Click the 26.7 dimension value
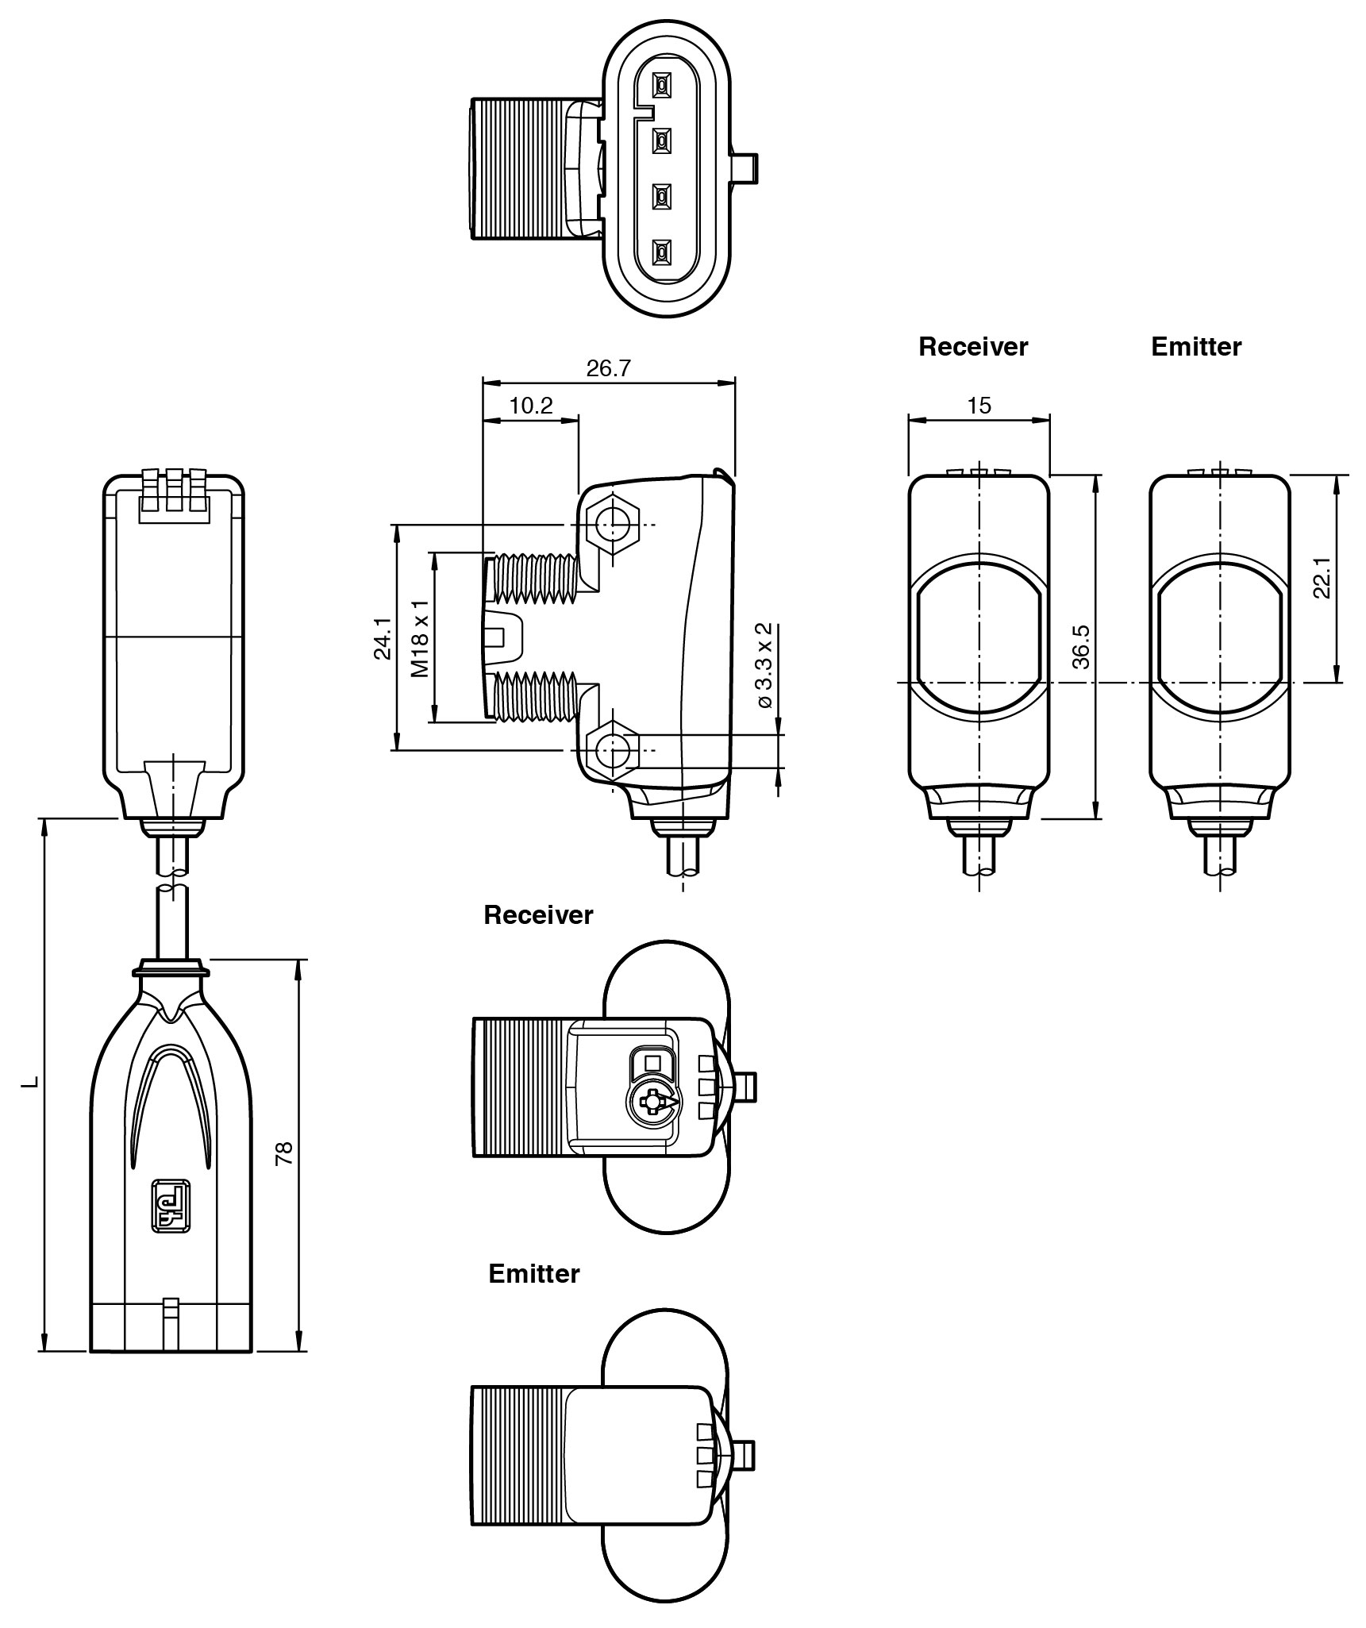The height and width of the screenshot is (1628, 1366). tap(608, 368)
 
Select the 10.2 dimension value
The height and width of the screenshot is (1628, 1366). tap(530, 406)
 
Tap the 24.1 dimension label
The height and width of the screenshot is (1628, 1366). tap(383, 637)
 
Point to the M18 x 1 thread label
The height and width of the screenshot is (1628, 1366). tap(421, 637)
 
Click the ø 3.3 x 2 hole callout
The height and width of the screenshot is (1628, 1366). tap(764, 665)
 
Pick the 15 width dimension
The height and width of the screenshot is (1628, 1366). tap(979, 406)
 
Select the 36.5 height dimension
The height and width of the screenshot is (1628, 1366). tap(1080, 647)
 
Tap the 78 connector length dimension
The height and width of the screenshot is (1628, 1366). tap(284, 1153)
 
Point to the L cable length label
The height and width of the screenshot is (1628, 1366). tap(30, 1082)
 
